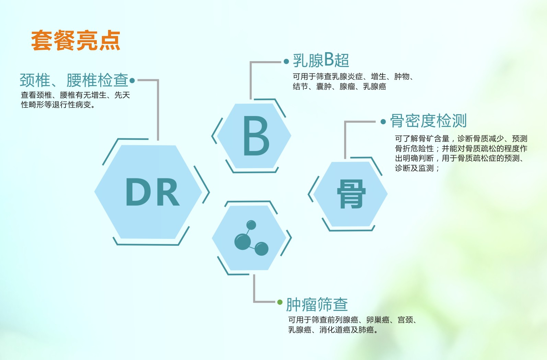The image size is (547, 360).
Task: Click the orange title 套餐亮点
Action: click(76, 41)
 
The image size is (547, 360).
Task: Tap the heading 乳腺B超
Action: click(321, 60)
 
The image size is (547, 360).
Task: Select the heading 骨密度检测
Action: click(428, 121)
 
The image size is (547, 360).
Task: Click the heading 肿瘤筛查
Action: click(317, 304)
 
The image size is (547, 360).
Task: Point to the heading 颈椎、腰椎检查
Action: click(74, 81)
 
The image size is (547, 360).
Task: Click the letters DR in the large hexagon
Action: click(153, 192)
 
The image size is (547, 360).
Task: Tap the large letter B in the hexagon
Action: click(256, 136)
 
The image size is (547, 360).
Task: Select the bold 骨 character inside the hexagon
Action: click(351, 194)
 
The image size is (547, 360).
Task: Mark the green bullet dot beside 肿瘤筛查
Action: click(280, 302)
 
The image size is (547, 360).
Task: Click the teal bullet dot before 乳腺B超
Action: click(287, 62)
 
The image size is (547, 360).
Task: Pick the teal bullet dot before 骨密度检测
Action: click(383, 121)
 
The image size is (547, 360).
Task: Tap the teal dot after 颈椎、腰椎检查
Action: click(132, 81)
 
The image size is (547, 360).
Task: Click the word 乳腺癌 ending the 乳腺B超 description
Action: click(374, 86)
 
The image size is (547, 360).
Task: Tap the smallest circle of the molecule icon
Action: click(251, 225)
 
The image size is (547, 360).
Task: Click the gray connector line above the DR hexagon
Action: click(158, 110)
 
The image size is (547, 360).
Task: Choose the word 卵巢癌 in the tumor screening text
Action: click(378, 320)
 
